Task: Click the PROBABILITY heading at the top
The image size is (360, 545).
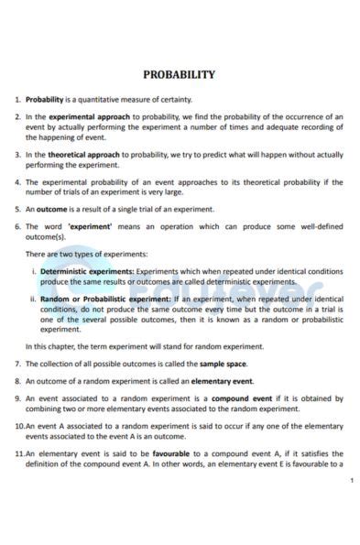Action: click(x=180, y=74)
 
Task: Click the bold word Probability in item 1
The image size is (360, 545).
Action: click(x=44, y=99)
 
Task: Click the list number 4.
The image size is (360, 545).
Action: click(x=18, y=182)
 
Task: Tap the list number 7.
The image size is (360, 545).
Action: click(x=18, y=364)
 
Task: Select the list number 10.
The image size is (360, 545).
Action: click(x=19, y=426)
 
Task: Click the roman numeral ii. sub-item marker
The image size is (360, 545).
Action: click(x=33, y=300)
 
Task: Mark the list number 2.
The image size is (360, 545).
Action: click(x=18, y=117)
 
